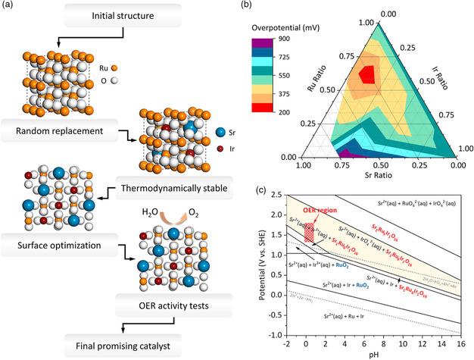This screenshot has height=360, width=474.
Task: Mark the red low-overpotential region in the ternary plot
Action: point(367,74)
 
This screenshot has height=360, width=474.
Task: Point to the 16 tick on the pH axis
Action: point(461,343)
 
